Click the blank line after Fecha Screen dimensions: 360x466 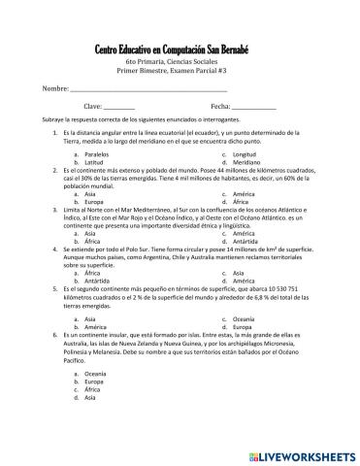[254, 106]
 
